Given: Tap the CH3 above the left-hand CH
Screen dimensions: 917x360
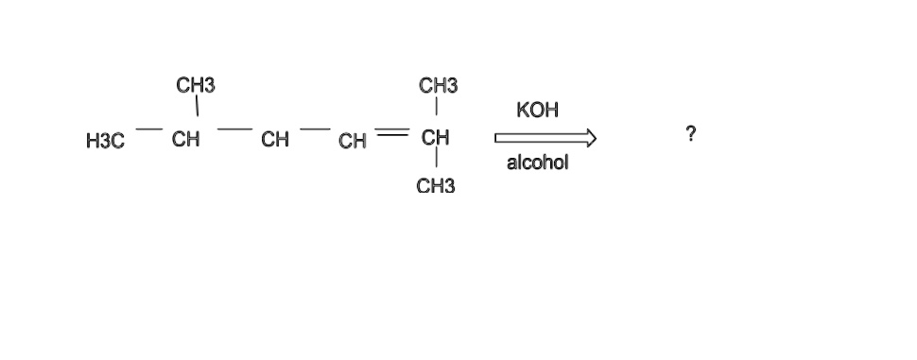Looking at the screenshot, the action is point(196,86).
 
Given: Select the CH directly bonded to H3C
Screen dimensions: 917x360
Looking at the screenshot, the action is point(185,141).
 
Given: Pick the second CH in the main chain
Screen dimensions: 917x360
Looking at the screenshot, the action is point(275,142).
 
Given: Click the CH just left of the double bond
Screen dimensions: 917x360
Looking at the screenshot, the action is point(353,143).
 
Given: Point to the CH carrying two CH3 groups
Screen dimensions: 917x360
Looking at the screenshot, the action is point(435,139).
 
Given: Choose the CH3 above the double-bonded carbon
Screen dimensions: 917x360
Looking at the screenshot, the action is point(438,86).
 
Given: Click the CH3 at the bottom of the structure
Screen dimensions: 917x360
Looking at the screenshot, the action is point(435,186).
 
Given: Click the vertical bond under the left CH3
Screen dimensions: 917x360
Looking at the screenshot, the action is point(196,110).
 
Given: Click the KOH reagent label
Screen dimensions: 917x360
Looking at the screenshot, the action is point(538,111).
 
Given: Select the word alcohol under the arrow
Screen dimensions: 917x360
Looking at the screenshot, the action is point(537,163).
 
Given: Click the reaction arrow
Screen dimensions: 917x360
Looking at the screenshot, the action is point(545,140).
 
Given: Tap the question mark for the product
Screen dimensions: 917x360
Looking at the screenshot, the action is point(692,135).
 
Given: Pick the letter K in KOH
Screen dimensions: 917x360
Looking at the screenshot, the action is point(524,111).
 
